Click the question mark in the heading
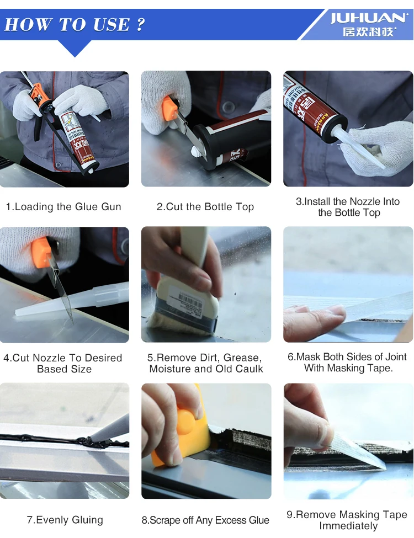pos(140,24)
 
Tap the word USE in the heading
pos(112,25)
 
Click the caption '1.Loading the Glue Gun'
pos(63,206)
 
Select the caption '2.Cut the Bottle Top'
pos(205,206)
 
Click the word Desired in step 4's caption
pos(103,358)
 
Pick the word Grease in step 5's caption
pos(242,358)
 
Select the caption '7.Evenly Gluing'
pos(65,520)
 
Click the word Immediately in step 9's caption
pos(348,526)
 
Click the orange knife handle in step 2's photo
pos(169,108)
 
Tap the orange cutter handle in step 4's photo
pos(42,252)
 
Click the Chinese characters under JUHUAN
pos(369,32)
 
